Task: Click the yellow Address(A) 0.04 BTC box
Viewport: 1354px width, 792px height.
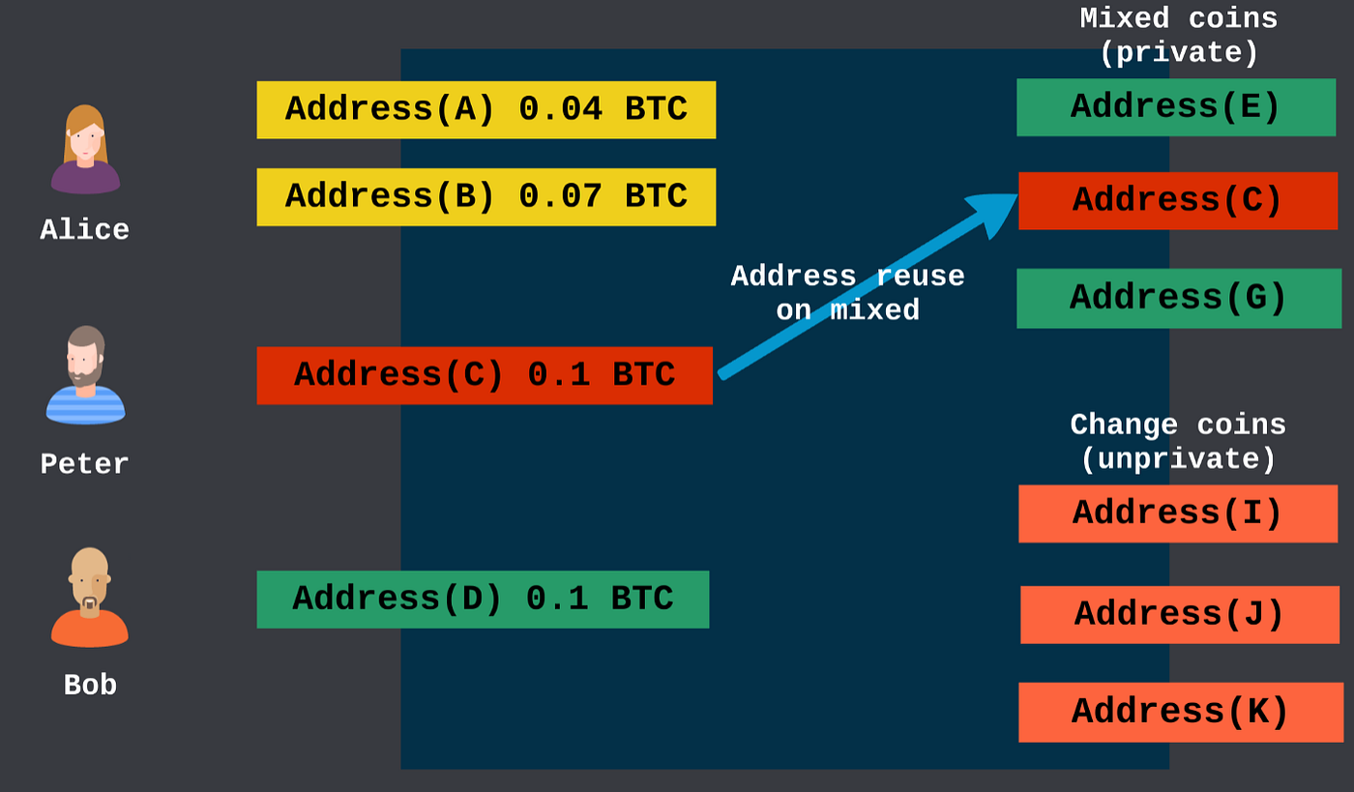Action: (x=486, y=109)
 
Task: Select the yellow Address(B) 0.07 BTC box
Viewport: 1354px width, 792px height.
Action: (x=486, y=196)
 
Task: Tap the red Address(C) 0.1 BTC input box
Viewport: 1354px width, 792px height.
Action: (x=484, y=375)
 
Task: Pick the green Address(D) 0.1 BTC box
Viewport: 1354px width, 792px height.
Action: (x=483, y=600)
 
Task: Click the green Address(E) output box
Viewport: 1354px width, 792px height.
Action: (x=1175, y=107)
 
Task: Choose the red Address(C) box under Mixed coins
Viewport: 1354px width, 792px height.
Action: (x=1177, y=201)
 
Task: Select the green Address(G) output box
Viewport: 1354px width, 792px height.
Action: (x=1178, y=298)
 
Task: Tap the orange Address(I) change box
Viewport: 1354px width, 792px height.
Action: (x=1177, y=513)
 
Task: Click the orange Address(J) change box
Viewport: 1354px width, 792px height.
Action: (x=1179, y=614)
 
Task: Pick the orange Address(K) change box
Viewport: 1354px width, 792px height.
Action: (x=1180, y=712)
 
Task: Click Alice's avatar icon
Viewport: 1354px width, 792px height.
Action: (x=85, y=150)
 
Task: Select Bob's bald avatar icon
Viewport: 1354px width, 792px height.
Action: (x=89, y=597)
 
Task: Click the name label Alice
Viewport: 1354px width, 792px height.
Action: (x=85, y=230)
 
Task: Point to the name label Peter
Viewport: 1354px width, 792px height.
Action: (x=85, y=464)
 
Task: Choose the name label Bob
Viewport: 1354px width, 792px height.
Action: (x=90, y=686)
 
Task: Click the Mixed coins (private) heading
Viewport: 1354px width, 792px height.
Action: (x=1178, y=36)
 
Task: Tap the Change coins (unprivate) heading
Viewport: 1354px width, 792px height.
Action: (x=1178, y=442)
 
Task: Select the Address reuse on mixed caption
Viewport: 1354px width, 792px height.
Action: (x=847, y=293)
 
